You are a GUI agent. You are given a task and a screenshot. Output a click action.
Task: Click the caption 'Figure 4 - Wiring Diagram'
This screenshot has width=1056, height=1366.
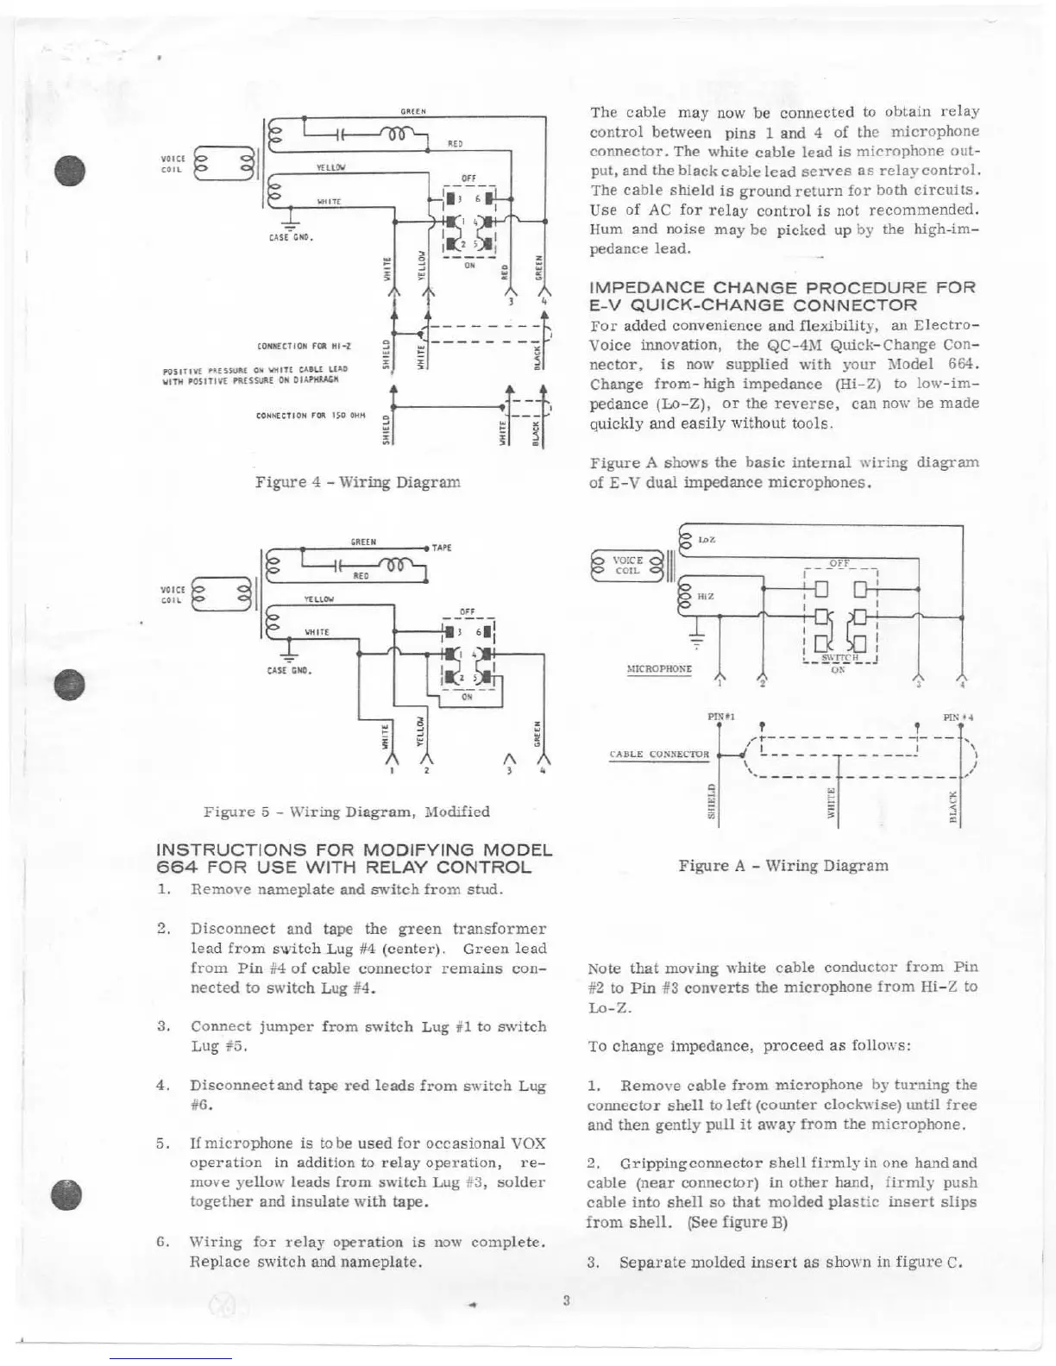[x=357, y=482]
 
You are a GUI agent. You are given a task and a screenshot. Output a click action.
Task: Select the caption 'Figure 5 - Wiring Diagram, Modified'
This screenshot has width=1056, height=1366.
[x=346, y=811]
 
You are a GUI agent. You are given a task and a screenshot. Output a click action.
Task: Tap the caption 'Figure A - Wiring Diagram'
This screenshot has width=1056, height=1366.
[x=783, y=865]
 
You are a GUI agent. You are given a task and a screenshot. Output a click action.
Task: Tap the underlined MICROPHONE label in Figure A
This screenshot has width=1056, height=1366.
[x=659, y=668]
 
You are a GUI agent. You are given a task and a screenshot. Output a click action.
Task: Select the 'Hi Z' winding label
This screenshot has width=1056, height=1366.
[x=705, y=595]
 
